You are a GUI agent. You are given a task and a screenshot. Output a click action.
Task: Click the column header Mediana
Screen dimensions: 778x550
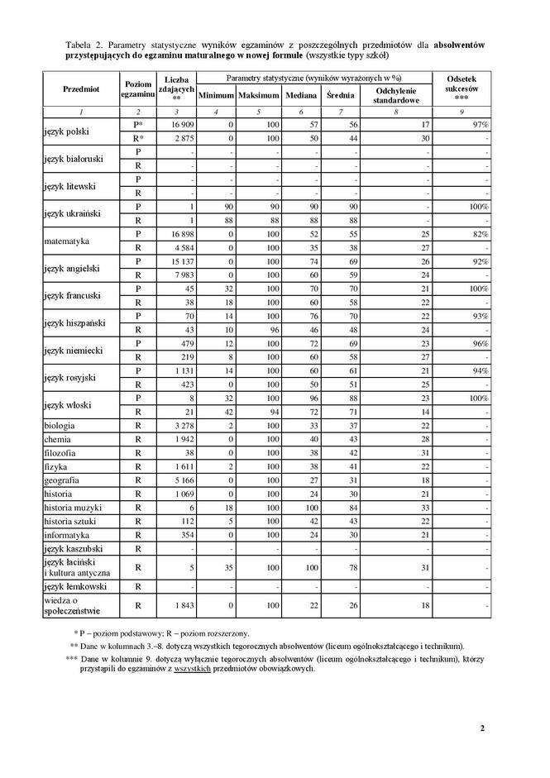[x=300, y=96]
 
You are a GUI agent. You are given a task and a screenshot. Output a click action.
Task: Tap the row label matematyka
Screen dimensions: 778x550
[x=67, y=241]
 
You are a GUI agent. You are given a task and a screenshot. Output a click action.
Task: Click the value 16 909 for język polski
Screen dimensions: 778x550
[x=181, y=124]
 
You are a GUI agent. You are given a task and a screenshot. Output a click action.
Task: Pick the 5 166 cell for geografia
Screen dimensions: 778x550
[x=181, y=480]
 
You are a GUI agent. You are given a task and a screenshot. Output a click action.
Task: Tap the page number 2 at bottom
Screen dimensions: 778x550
[x=481, y=728]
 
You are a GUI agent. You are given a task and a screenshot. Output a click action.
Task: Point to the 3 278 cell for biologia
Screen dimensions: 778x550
[x=181, y=426]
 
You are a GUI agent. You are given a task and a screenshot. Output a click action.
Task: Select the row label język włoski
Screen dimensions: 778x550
[x=70, y=405]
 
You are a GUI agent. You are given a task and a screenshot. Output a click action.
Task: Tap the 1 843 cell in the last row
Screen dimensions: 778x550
[x=181, y=605]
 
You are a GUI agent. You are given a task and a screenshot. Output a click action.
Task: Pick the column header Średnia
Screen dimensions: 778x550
[x=340, y=96]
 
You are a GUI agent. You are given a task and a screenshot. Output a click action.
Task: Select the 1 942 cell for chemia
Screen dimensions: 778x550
[x=181, y=440]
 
